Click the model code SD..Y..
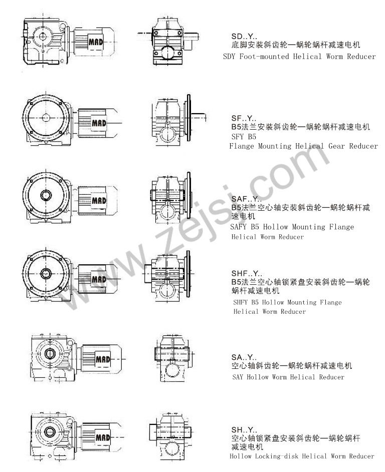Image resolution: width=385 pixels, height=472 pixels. point(244,37)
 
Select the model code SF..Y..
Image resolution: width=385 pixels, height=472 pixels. point(244,118)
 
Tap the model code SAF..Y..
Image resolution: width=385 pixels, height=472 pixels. point(246,199)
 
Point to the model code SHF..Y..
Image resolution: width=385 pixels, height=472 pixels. point(247,273)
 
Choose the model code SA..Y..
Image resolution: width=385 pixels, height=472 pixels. point(244,357)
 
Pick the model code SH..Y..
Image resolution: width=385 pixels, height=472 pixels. point(244,429)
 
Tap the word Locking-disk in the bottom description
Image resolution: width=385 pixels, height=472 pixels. point(276,456)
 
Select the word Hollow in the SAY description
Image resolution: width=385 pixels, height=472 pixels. point(258,377)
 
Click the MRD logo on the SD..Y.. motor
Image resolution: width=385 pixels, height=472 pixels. point(96,42)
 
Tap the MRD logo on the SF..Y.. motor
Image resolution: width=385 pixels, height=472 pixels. point(99,123)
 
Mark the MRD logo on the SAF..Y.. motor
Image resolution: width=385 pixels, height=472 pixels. point(99,200)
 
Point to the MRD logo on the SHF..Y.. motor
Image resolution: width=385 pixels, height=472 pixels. point(99,279)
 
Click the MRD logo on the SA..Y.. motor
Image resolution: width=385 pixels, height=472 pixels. point(103,359)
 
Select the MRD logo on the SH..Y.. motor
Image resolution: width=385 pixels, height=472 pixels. point(103,437)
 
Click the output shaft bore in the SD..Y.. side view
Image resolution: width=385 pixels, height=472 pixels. point(43,36)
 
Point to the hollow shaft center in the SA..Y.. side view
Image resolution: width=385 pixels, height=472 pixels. point(49,353)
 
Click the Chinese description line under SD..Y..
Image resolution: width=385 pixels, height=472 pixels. point(296,45)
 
